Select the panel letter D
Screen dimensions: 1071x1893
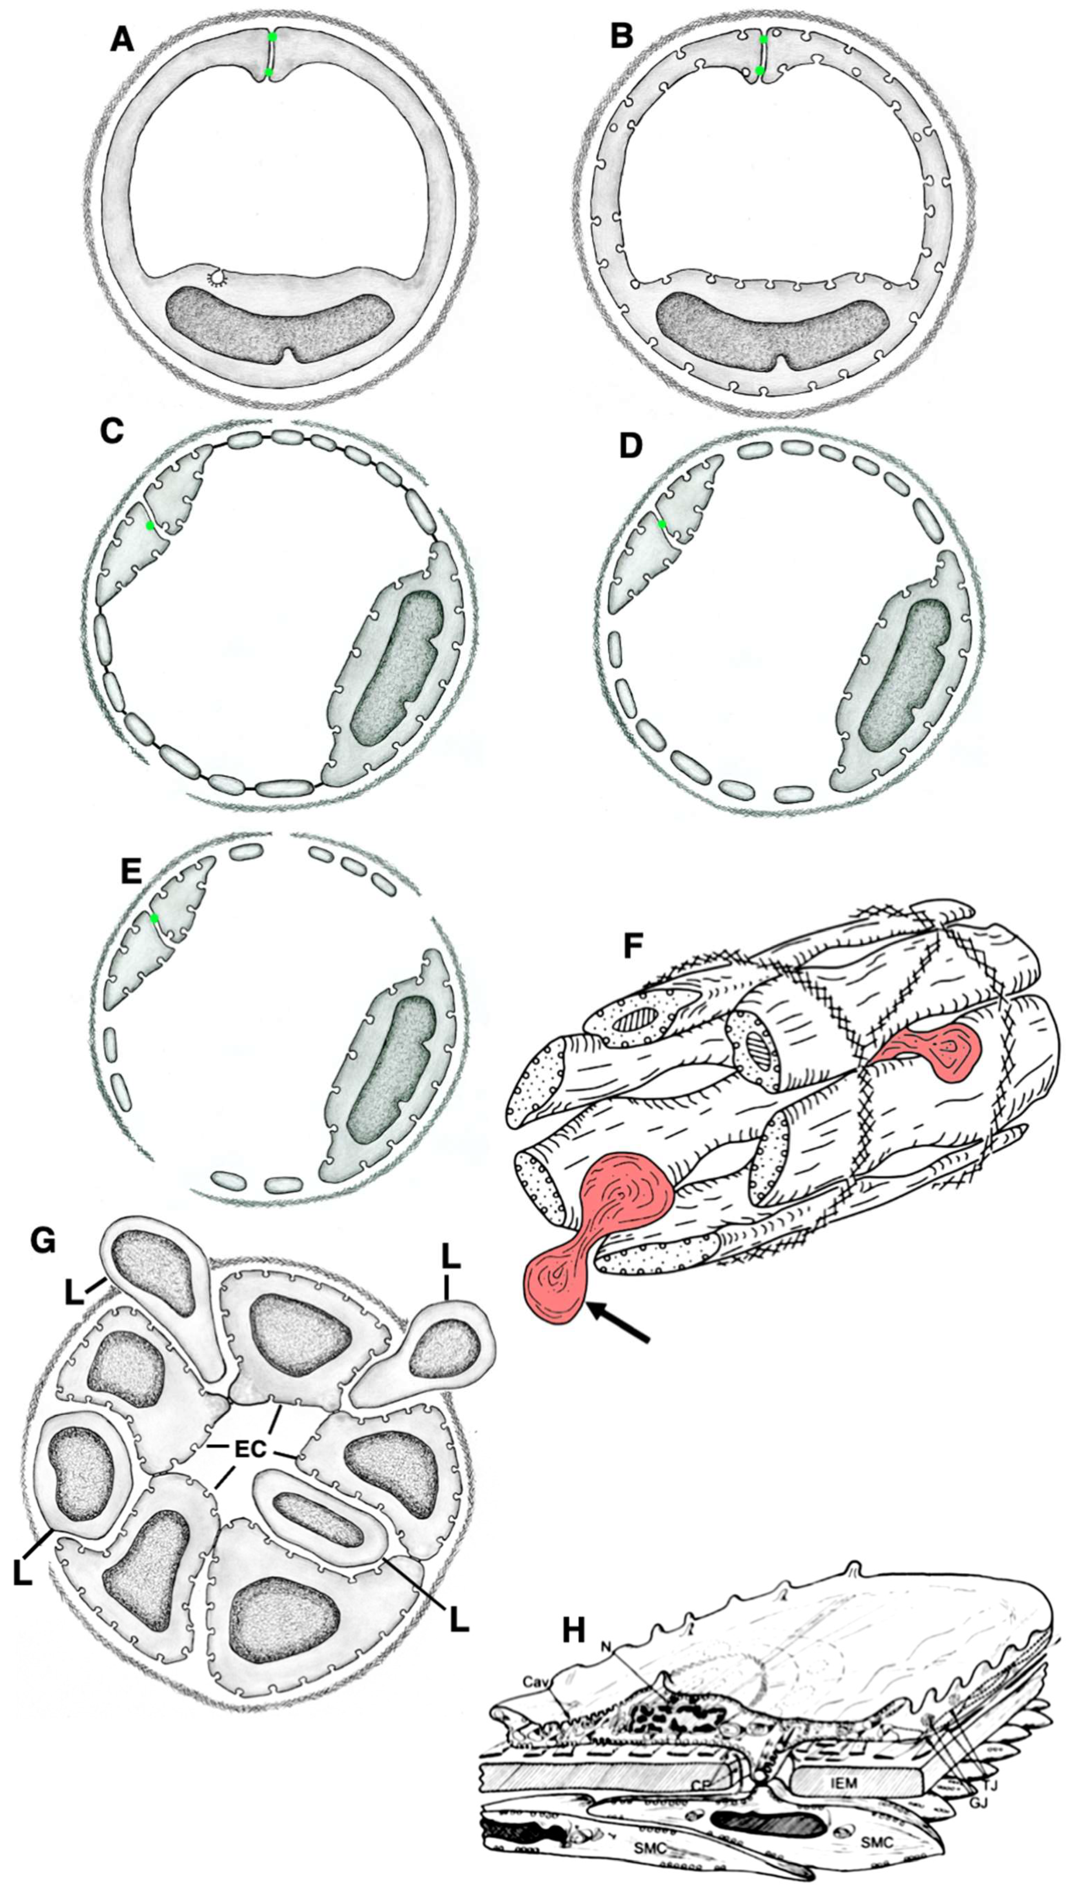click(632, 445)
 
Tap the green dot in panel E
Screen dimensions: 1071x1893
click(154, 919)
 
